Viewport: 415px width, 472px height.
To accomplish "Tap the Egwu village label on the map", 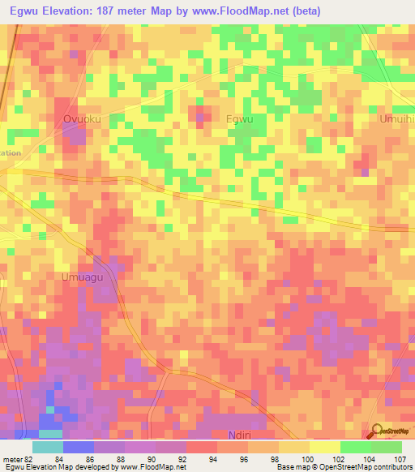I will pyautogui.click(x=239, y=118).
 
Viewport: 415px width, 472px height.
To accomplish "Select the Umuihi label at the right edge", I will pyautogui.click(x=397, y=118).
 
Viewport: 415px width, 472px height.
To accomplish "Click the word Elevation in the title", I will pyautogui.click(x=72, y=11).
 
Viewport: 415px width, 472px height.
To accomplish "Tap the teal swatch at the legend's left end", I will pyautogui.click(x=47, y=447).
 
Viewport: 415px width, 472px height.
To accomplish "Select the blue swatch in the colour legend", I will pyautogui.click(x=78, y=447).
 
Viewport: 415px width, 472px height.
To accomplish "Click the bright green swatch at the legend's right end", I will pyautogui.click(x=386, y=447).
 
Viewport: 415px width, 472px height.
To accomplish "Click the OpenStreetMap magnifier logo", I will pyautogui.click(x=378, y=432).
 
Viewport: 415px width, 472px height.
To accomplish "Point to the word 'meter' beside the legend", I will pyautogui.click(x=11, y=458).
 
